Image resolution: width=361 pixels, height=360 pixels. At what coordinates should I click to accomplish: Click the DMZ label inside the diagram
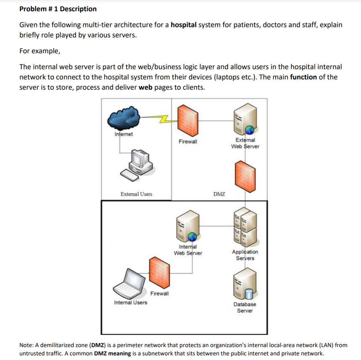219,194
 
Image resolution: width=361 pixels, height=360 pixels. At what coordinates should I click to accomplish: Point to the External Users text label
136,194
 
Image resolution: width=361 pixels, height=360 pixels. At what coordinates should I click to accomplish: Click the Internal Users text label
130,302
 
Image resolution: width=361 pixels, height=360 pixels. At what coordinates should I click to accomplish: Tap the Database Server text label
245,307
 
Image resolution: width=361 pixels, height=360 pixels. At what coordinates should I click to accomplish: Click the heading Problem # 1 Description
58,9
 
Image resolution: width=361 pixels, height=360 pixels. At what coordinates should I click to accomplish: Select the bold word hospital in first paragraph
183,25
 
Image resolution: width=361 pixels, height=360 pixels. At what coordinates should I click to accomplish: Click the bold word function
304,77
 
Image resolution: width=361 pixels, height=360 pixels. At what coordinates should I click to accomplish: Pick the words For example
39,51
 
